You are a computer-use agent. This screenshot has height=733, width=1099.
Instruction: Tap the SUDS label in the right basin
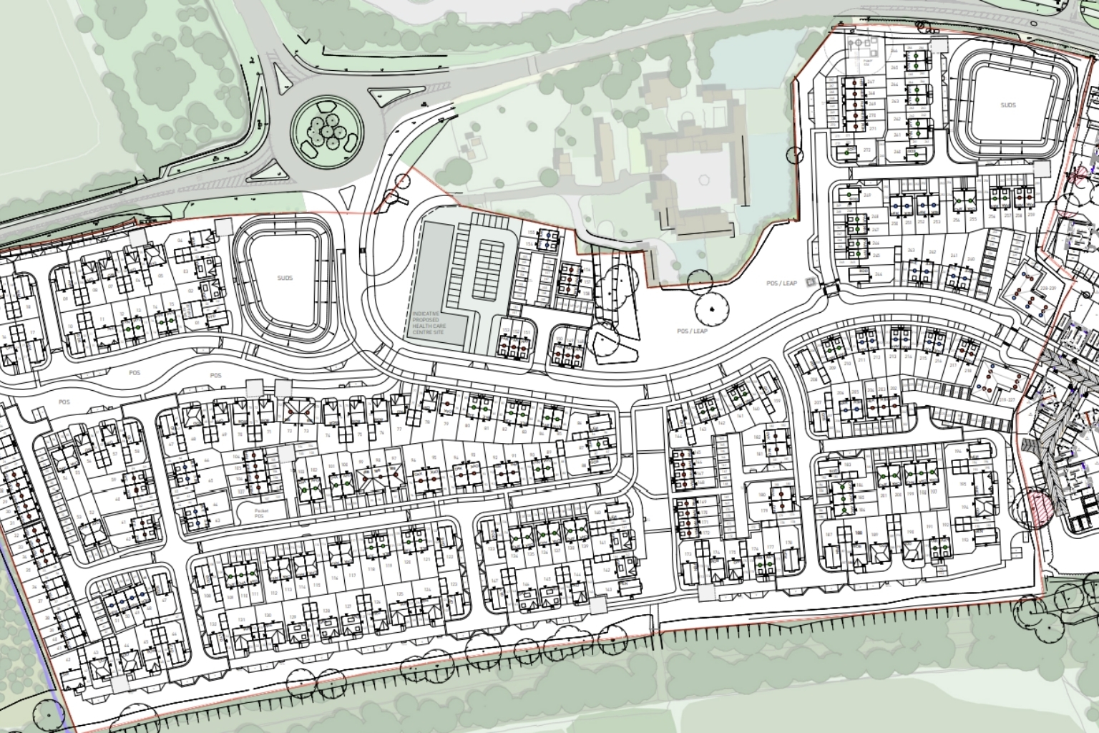1007,105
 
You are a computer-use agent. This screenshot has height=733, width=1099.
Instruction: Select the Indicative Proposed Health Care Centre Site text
429,325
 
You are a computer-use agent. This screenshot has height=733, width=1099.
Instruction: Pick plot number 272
866,150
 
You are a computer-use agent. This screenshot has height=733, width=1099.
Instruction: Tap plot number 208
814,379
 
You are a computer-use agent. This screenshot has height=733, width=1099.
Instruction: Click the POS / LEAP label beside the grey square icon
781,283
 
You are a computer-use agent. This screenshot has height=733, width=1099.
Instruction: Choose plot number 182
757,437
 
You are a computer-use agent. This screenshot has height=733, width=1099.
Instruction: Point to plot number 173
689,555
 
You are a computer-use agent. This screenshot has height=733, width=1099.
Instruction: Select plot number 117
352,576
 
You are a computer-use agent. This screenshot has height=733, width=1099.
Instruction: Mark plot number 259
1030,215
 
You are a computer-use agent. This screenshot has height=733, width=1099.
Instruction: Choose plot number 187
829,535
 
